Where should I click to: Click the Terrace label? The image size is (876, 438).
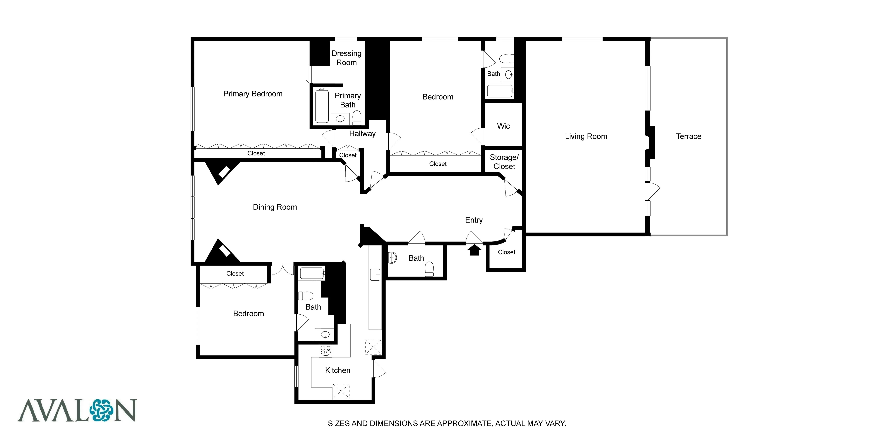[x=688, y=136]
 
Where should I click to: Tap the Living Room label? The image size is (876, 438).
[x=586, y=136]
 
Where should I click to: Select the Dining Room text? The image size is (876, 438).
[x=275, y=207]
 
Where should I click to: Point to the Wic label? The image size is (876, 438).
[x=503, y=126]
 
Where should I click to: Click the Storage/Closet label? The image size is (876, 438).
[x=504, y=162]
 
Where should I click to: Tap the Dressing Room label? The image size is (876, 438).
[x=346, y=58]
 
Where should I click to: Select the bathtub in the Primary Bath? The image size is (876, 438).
[x=322, y=106]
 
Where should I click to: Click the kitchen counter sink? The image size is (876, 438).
[x=375, y=274]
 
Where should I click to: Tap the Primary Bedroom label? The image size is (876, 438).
[x=253, y=94]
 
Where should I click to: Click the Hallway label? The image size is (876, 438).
[x=362, y=134]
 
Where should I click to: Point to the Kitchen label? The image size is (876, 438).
[x=337, y=370]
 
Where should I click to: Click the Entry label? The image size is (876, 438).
[x=474, y=220]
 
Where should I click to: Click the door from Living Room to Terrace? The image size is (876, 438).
[x=653, y=191]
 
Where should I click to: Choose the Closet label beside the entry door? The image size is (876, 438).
[x=506, y=252]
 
